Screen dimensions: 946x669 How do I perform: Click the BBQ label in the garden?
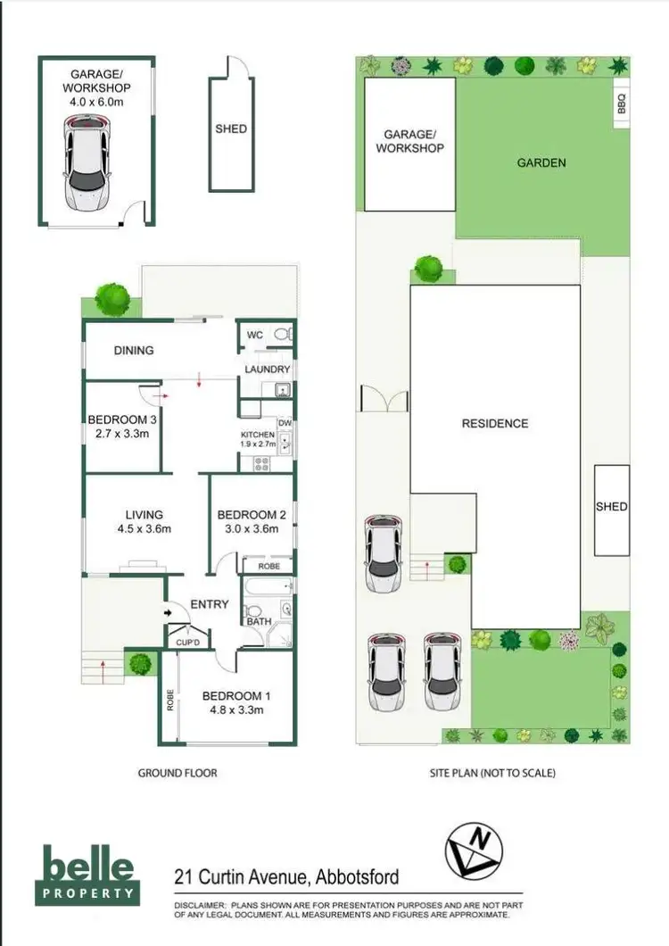click(x=622, y=104)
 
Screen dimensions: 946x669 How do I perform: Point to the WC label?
click(x=254, y=336)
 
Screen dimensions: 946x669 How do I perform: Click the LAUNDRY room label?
click(x=267, y=369)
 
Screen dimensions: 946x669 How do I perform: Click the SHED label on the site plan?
click(x=611, y=507)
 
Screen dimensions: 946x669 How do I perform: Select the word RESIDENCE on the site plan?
click(x=495, y=424)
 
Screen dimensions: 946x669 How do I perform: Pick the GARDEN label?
click(x=541, y=162)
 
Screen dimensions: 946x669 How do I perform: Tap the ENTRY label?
click(x=210, y=604)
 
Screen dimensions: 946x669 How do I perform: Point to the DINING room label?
click(x=134, y=351)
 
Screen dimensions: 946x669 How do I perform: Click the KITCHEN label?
click(x=257, y=435)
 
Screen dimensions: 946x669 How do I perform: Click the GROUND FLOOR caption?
click(x=177, y=773)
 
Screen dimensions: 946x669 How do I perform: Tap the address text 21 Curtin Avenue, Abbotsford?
click(x=287, y=877)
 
